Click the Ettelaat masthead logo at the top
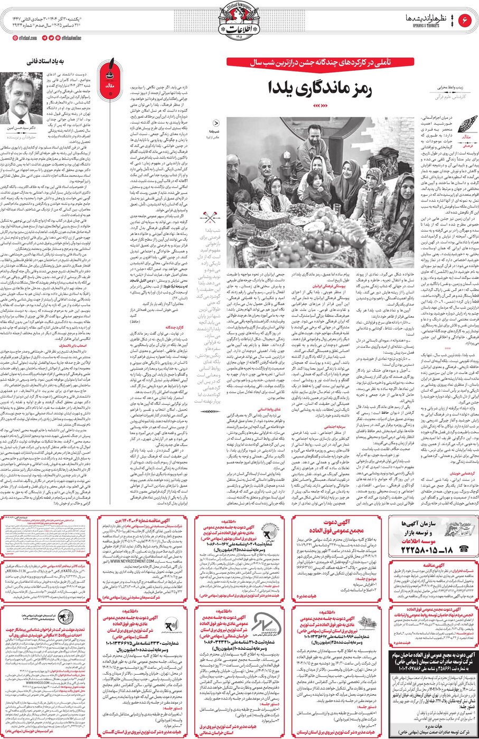click(x=239, y=21)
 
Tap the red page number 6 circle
click(x=466, y=20)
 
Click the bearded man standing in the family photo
click(x=315, y=143)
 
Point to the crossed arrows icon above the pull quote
click(x=207, y=217)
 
